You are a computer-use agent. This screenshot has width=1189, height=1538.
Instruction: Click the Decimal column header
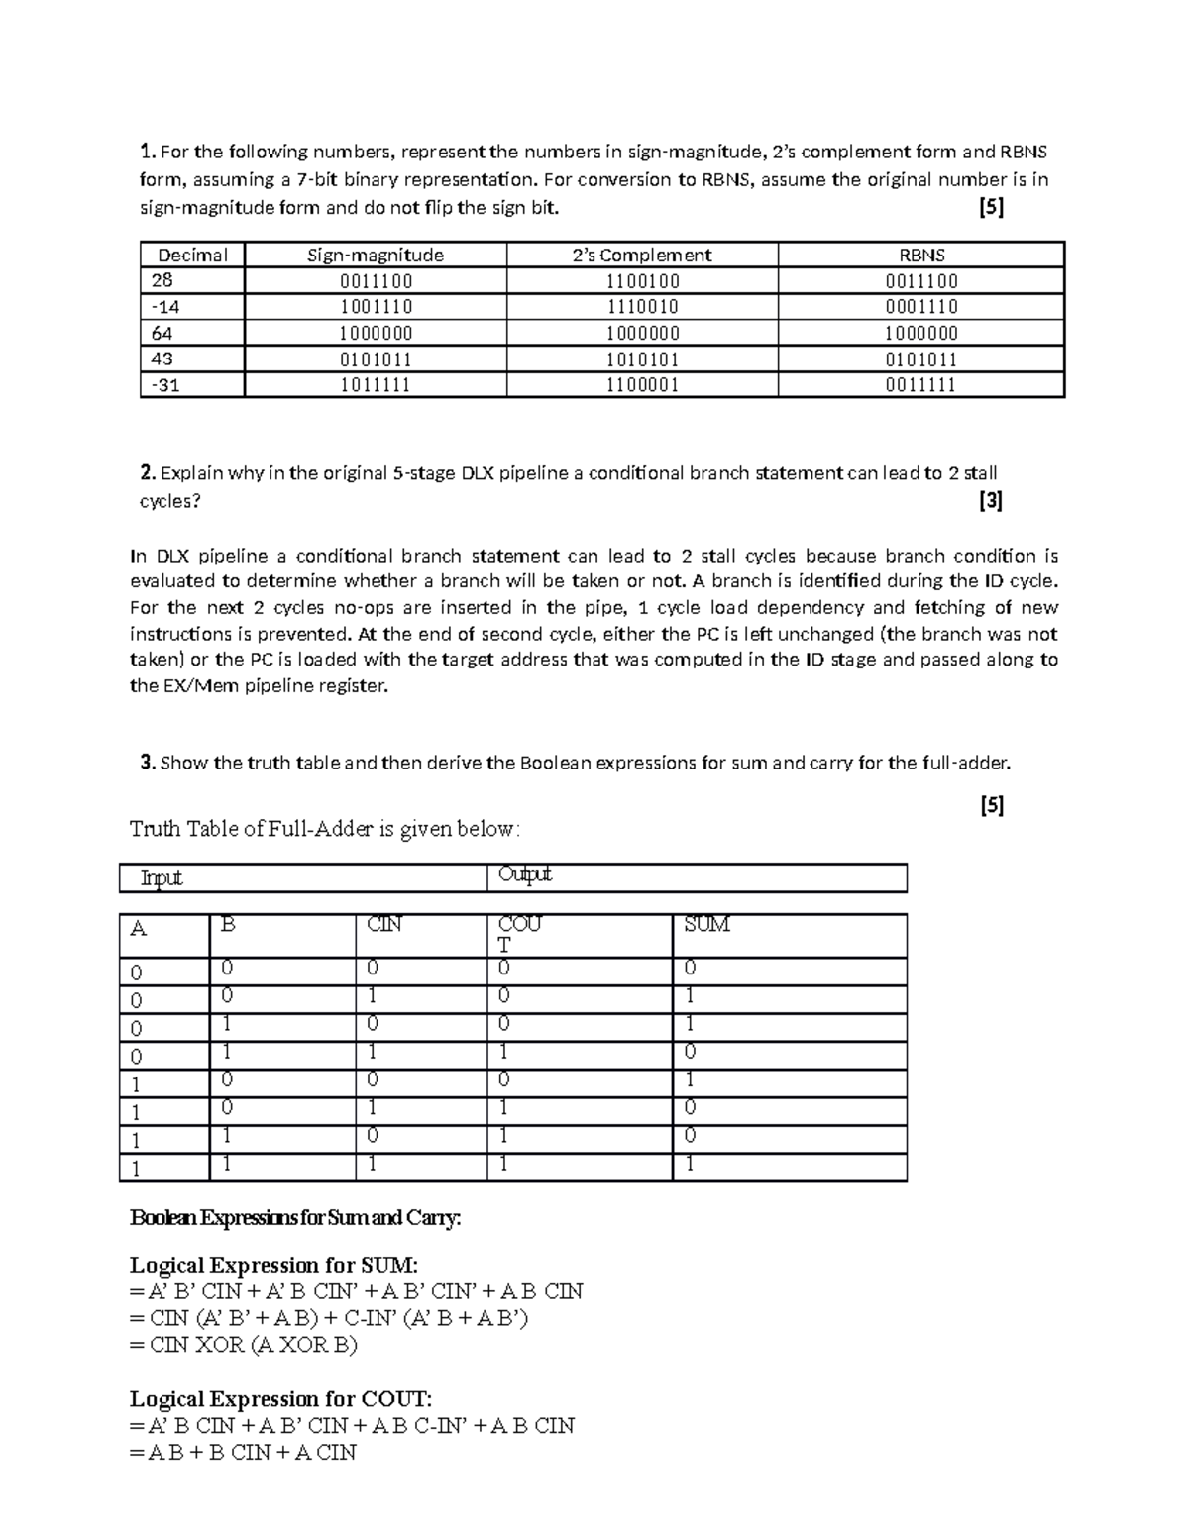click(192, 255)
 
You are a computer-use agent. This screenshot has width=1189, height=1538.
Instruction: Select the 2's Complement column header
click(642, 255)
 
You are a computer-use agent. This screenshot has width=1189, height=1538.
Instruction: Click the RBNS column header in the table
click(920, 255)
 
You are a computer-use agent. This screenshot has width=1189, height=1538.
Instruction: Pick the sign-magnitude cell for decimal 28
click(376, 281)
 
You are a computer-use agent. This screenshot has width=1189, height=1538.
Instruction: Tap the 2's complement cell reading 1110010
click(642, 307)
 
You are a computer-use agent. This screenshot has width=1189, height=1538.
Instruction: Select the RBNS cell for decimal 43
click(920, 359)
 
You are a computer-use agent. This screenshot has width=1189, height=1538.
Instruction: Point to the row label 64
click(162, 333)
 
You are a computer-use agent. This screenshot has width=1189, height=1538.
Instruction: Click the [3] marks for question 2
click(990, 501)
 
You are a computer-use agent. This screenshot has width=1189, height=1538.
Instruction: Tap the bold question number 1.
click(148, 152)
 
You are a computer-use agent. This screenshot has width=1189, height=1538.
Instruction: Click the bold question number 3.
click(148, 763)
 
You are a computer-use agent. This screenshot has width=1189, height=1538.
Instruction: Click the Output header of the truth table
click(524, 874)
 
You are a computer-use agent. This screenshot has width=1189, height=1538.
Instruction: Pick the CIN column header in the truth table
click(384, 925)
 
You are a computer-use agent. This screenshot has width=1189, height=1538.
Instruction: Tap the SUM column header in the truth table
click(706, 925)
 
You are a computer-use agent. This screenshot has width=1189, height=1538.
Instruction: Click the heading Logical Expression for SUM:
click(274, 1265)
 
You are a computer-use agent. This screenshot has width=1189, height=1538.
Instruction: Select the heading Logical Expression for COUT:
click(281, 1399)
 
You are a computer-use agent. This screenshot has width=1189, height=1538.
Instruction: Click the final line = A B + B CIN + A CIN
click(243, 1453)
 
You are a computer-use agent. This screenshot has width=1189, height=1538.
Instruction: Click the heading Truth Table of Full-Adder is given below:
click(324, 829)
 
